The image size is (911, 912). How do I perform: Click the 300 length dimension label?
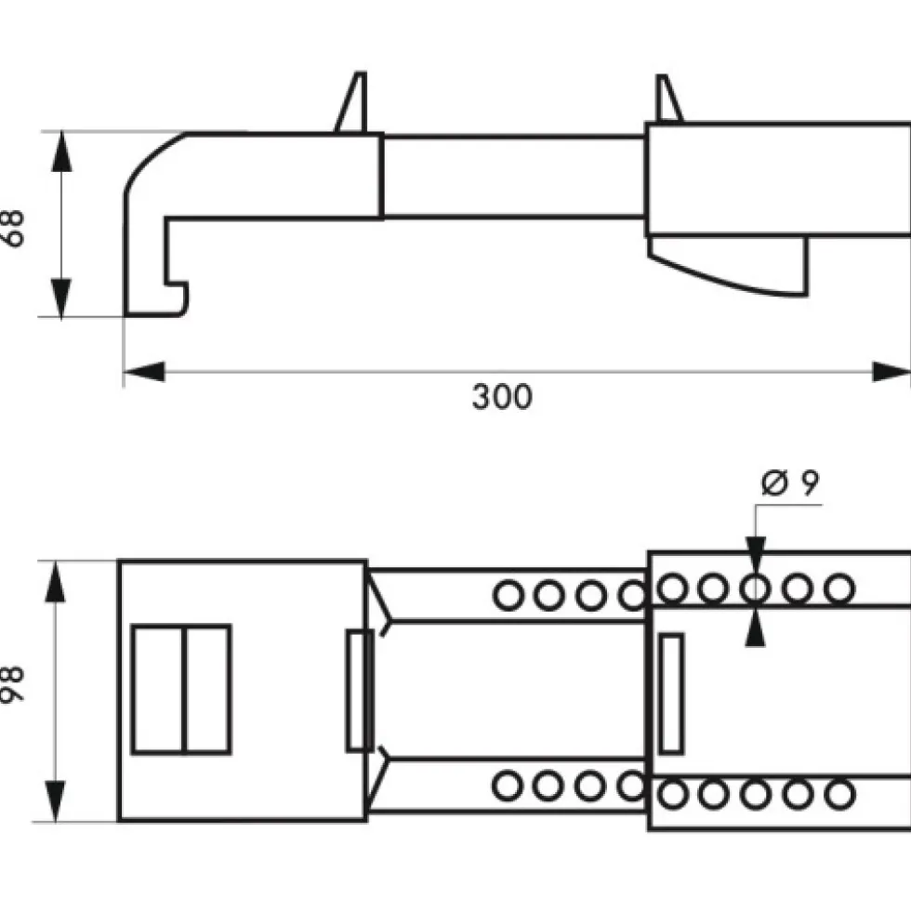point(502,397)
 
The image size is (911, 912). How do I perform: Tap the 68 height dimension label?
point(13,229)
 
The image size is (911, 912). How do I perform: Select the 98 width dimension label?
point(13,684)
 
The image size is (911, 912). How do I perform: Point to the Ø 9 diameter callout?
point(790,482)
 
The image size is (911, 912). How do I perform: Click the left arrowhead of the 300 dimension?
point(144,372)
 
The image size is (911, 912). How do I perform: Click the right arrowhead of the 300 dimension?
point(891,372)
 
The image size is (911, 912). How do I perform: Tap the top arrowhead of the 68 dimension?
point(61,152)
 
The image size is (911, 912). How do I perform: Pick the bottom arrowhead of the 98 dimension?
point(55,801)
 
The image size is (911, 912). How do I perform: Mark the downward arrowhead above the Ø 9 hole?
point(756,552)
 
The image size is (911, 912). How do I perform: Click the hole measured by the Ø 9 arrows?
point(756,588)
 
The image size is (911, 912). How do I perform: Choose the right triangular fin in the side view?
point(667,99)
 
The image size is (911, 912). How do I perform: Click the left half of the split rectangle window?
point(158,689)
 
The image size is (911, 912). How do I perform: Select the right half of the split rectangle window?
point(207,689)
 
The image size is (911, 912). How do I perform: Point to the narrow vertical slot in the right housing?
point(672,694)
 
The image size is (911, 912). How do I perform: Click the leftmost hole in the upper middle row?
point(508,596)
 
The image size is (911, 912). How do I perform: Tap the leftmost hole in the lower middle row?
point(508,786)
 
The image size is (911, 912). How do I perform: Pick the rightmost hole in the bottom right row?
point(840,795)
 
